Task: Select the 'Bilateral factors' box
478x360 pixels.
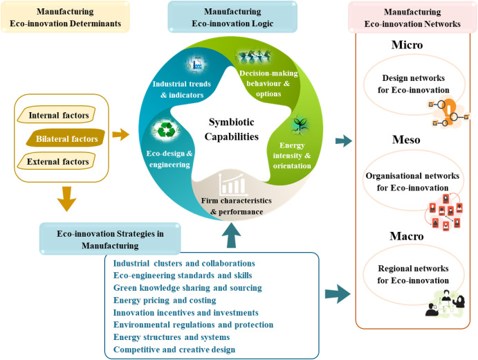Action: point(66,139)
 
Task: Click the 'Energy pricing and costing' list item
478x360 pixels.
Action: point(164,300)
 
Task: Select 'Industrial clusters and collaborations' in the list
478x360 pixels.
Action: point(184,263)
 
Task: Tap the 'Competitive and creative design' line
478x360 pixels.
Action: point(174,349)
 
